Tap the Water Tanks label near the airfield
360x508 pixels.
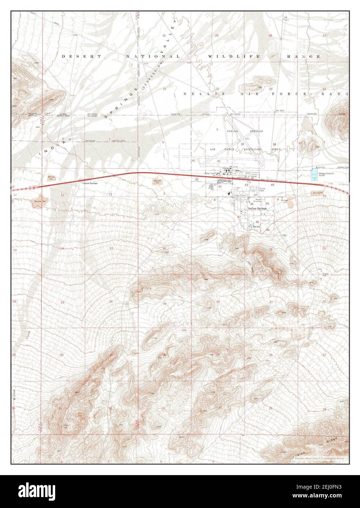tap(210, 173)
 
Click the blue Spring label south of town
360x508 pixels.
tap(256, 227)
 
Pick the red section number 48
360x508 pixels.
tap(257, 222)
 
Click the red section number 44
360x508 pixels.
tap(272, 185)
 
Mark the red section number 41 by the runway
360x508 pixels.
tap(194, 161)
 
